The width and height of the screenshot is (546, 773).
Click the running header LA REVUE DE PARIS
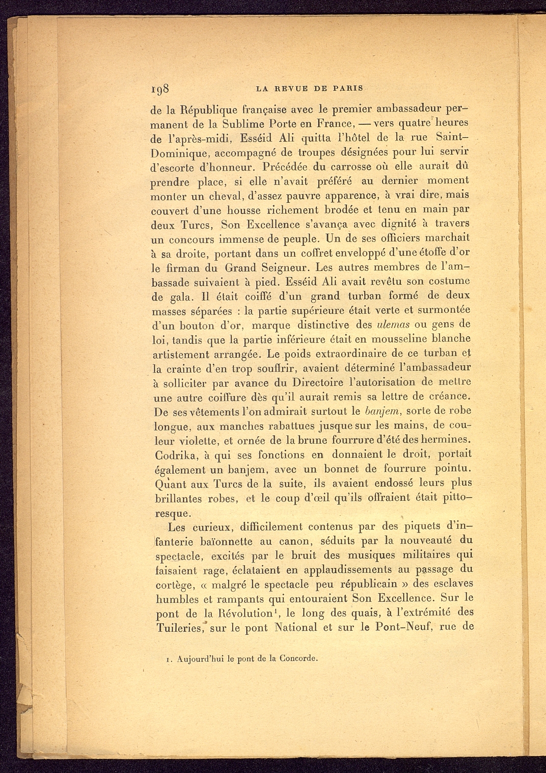(310, 88)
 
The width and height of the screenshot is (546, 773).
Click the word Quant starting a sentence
(168, 483)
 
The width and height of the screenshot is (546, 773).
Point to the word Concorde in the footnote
(298, 658)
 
